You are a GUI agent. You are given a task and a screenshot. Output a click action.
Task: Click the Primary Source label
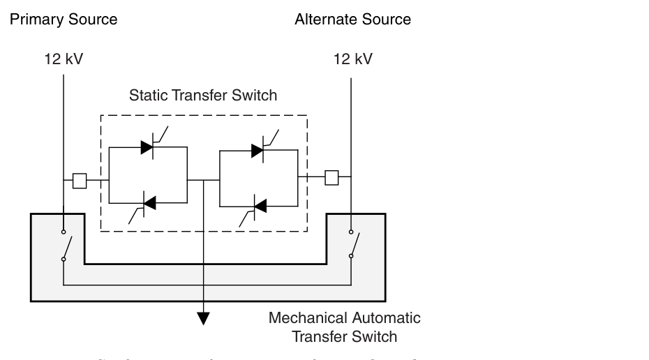[x=64, y=20]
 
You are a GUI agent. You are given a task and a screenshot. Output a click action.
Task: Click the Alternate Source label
[x=352, y=20]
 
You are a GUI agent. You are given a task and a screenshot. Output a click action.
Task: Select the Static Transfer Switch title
[x=203, y=96]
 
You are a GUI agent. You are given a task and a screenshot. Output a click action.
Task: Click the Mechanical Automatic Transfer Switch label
[x=345, y=327]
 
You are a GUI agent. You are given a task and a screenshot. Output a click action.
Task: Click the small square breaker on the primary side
[x=80, y=181]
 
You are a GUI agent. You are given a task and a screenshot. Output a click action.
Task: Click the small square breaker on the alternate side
[x=332, y=178]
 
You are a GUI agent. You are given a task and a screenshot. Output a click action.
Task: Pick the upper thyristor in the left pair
[x=147, y=147]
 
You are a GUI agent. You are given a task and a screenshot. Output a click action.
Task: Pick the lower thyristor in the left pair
[x=149, y=203]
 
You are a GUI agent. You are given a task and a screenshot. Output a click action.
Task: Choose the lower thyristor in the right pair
[x=259, y=206]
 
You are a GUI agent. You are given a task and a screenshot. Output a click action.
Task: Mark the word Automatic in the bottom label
[x=386, y=318]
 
